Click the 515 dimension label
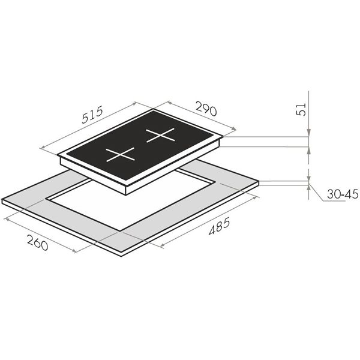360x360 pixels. tap(92, 115)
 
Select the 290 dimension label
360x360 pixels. tap(206, 107)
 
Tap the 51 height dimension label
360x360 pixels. tap(302, 109)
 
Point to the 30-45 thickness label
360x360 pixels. tap(343, 194)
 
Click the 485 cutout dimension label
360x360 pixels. tap(219, 226)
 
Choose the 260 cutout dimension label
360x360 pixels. tap(38, 242)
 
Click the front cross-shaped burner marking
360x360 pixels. tap(120, 155)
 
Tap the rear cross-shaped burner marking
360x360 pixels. tap(160, 135)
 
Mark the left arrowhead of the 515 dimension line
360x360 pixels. tap(42, 148)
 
